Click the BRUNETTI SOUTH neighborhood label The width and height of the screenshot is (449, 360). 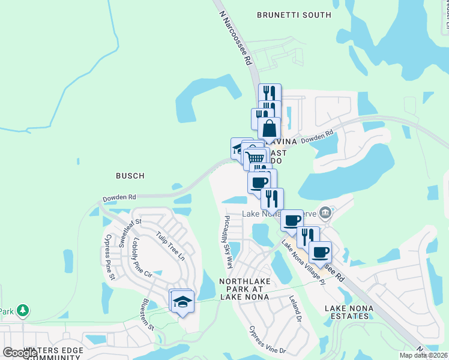[294, 15]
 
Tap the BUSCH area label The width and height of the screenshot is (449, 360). [130, 176]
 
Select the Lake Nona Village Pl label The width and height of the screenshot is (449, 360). [303, 262]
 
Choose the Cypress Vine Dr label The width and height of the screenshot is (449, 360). [268, 340]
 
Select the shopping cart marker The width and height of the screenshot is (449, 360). [256, 158]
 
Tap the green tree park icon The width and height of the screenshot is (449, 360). [23, 310]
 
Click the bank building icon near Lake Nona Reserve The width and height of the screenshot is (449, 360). [325, 212]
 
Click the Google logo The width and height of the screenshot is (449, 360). [20, 353]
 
